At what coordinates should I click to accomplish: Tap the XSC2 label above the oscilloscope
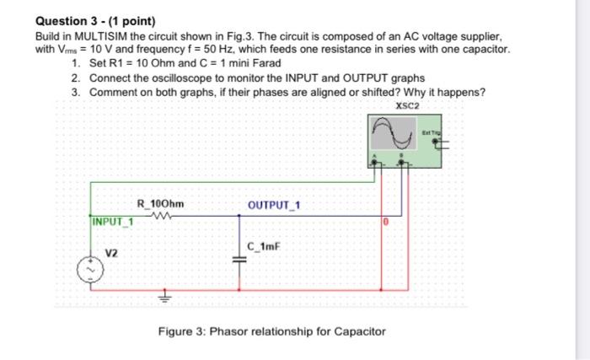tap(406, 105)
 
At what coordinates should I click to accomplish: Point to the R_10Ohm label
tap(161, 202)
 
